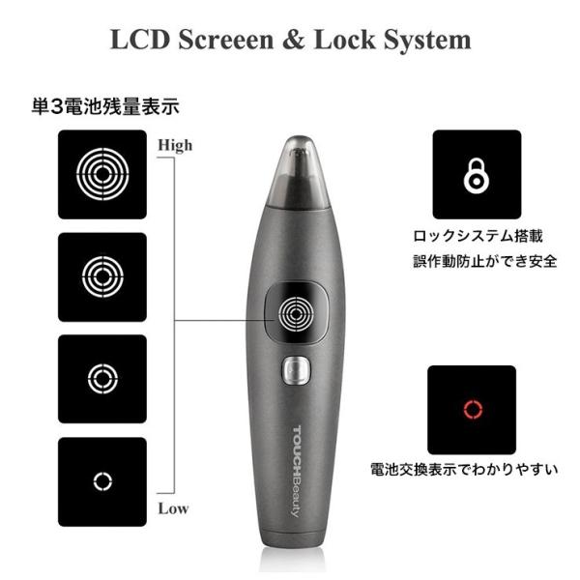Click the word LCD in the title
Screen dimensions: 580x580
tap(140, 40)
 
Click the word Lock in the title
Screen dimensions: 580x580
tap(345, 40)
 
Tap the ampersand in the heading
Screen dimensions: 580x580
tap(293, 40)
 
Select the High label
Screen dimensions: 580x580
tap(175, 145)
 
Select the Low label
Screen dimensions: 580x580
tap(173, 508)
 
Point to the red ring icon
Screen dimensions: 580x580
tap(465, 410)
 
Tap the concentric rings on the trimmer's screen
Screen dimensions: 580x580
tap(279, 314)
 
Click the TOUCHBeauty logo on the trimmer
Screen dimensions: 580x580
tap(297, 472)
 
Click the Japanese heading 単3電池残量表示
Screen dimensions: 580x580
tap(105, 106)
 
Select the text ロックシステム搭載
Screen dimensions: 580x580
tap(478, 236)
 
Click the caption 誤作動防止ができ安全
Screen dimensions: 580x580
tap(485, 261)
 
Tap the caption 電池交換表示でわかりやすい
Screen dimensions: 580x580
tap(464, 470)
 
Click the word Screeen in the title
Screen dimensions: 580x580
tap(226, 40)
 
